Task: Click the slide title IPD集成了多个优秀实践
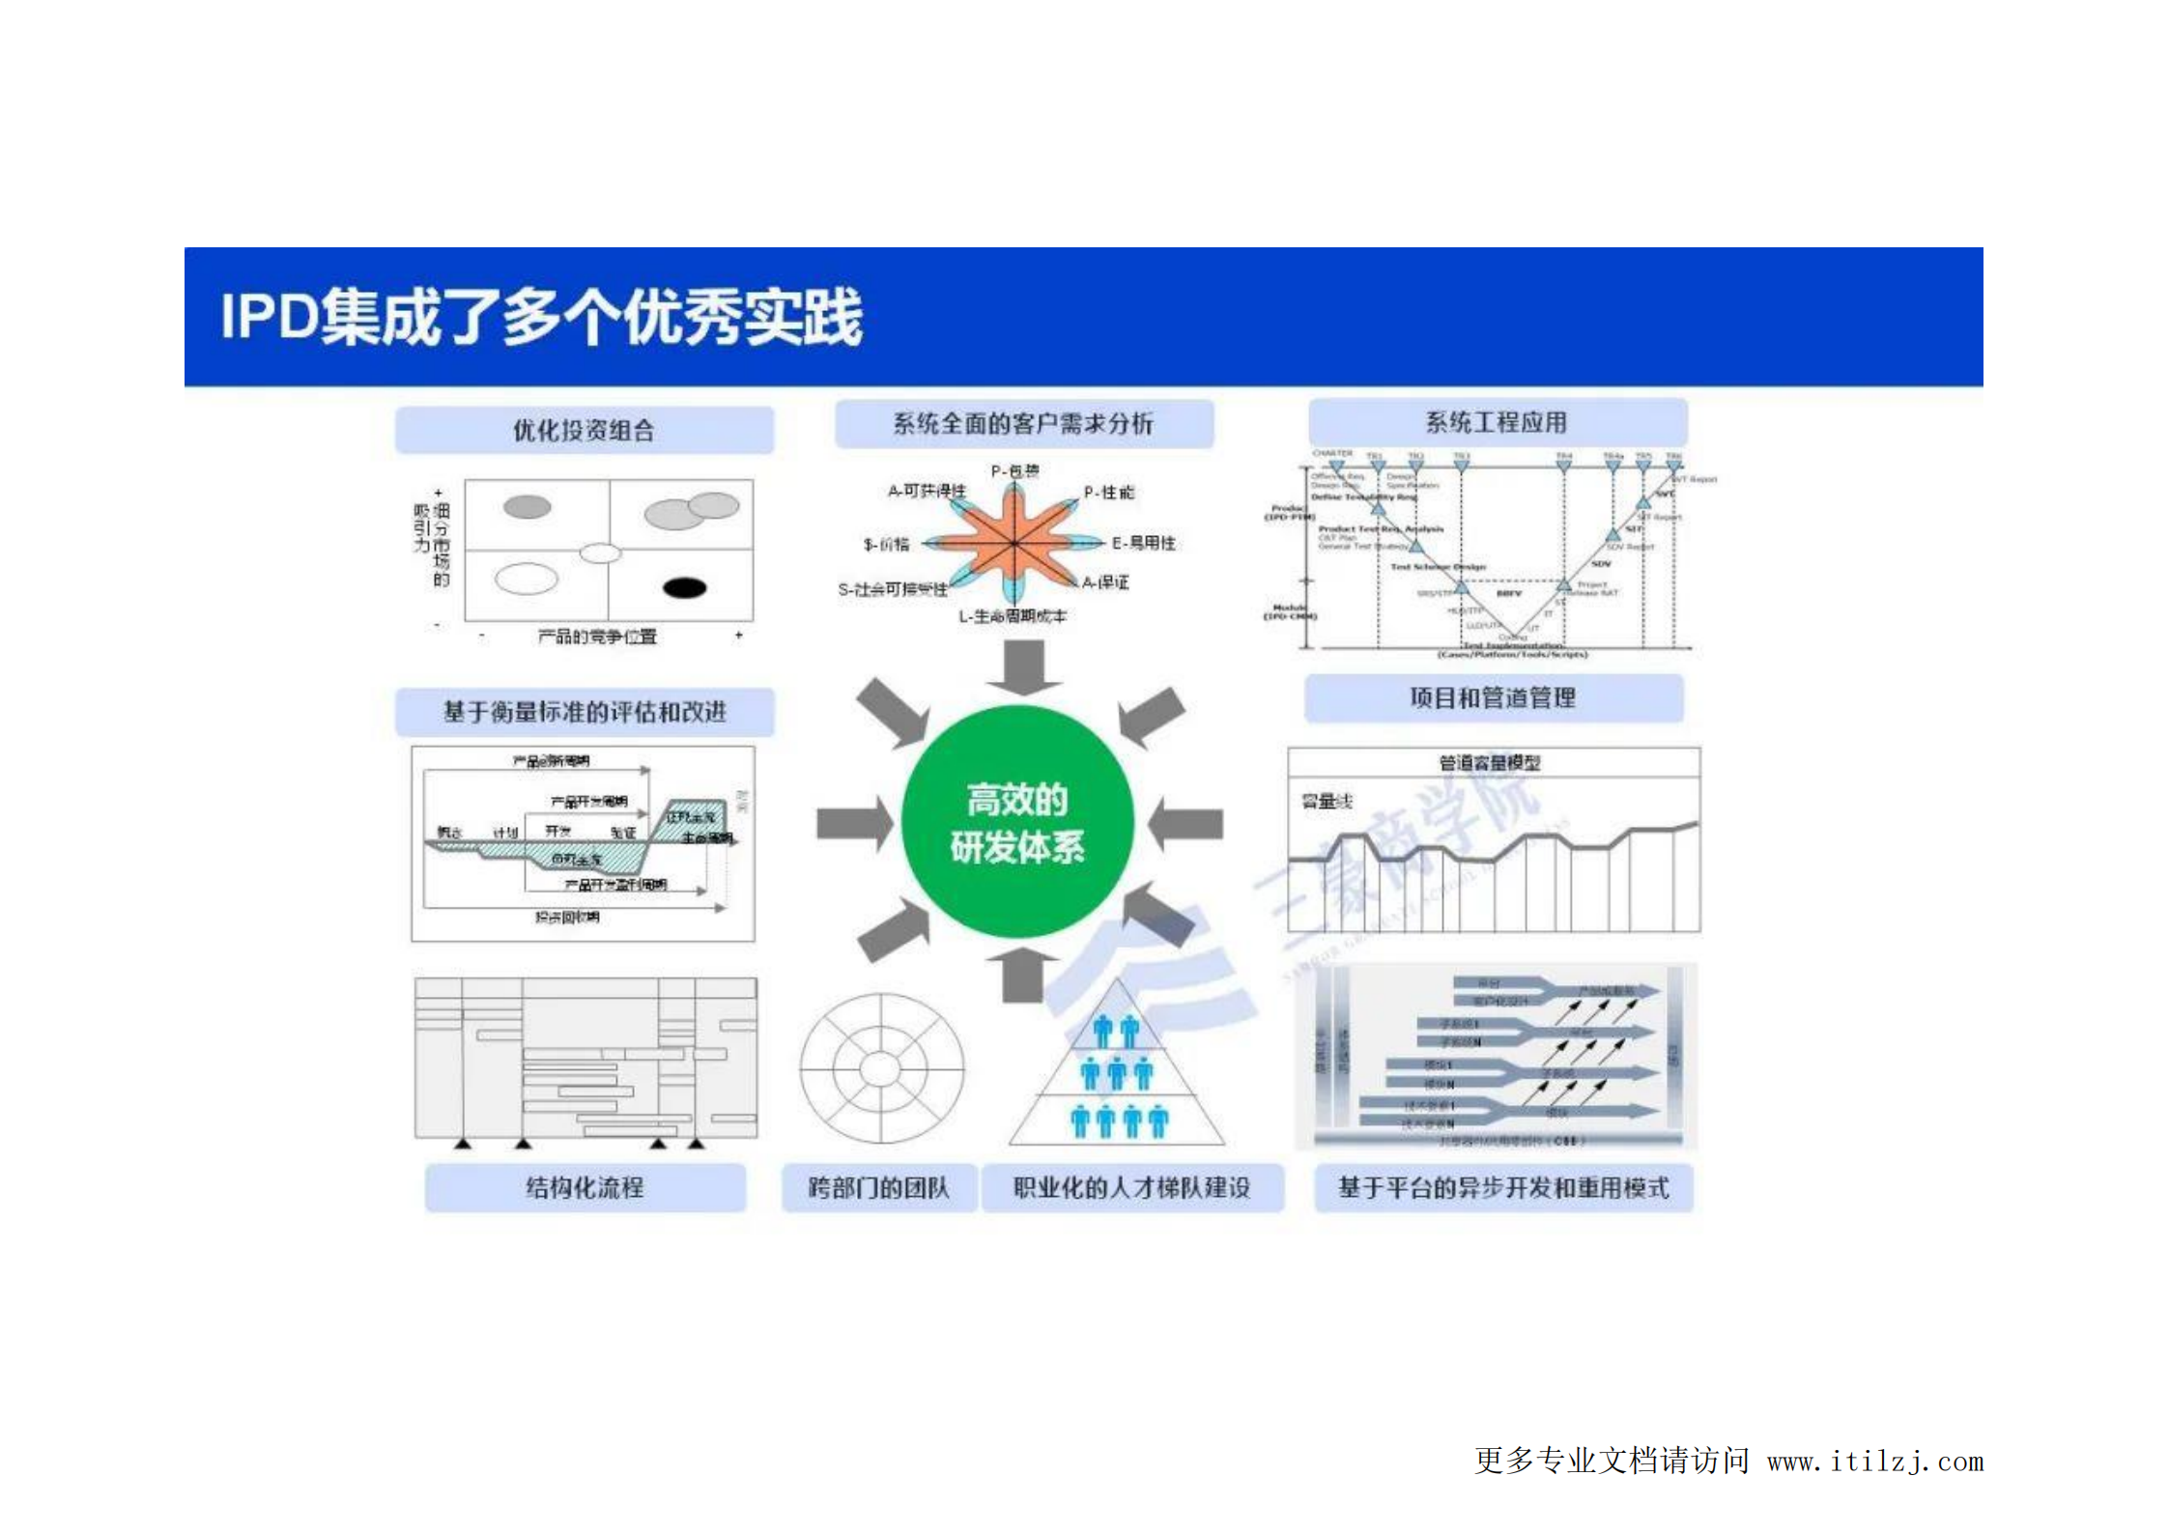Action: (541, 316)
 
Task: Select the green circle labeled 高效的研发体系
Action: (1016, 822)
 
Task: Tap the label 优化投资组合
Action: (584, 430)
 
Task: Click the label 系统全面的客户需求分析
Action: (1023, 423)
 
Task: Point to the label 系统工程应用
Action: (1497, 422)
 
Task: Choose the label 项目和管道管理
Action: (1493, 697)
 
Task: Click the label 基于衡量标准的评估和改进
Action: (585, 712)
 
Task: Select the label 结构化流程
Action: (585, 1187)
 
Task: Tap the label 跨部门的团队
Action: (878, 1187)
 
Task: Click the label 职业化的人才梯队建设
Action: (1131, 1187)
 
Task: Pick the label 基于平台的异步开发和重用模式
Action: (1503, 1187)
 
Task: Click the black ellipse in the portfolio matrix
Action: (685, 587)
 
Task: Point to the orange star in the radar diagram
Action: (1013, 544)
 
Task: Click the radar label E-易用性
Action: (1144, 543)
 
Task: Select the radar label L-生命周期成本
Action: (1013, 616)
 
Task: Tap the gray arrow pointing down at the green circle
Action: (1023, 666)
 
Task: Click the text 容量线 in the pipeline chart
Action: (1327, 801)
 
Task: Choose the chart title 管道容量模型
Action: (1490, 763)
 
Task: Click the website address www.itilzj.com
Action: (1874, 1462)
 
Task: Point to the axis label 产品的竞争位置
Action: (597, 637)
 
